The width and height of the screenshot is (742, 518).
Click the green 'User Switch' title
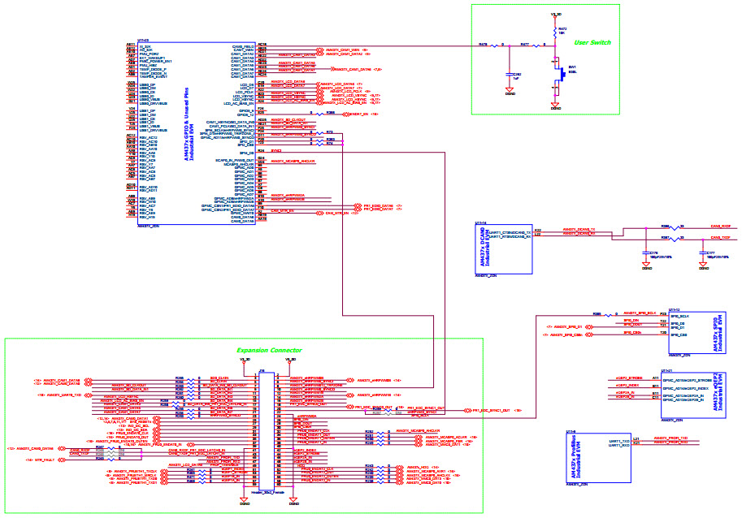tap(592, 42)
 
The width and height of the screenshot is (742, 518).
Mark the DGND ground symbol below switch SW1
tap(555, 105)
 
